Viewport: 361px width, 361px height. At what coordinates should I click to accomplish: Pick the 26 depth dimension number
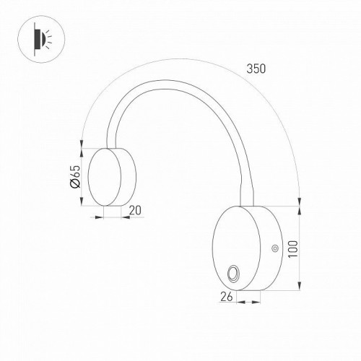(225, 295)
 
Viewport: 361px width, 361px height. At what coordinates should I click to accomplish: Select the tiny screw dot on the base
(274, 249)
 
